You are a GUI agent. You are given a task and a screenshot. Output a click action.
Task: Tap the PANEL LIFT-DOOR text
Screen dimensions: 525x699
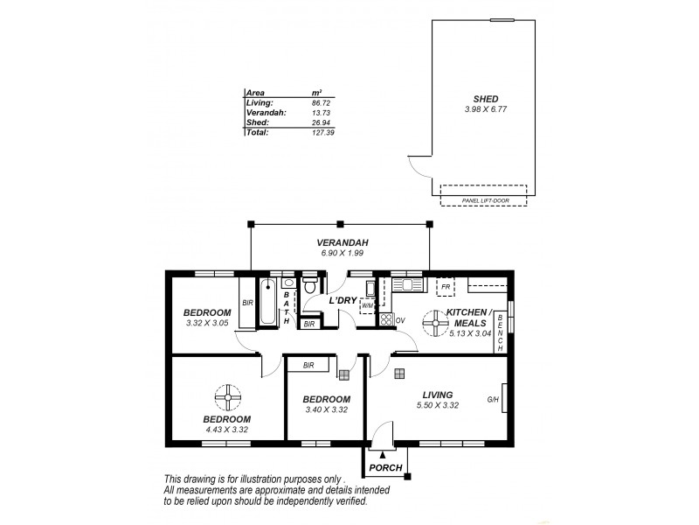pyautogui.click(x=483, y=200)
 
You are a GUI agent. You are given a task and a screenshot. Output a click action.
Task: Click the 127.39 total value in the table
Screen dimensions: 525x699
pyautogui.click(x=322, y=132)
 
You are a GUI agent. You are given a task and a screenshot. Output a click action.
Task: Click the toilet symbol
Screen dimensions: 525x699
pyautogui.click(x=310, y=288)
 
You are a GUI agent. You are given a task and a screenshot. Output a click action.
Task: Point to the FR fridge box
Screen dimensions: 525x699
pyautogui.click(x=446, y=287)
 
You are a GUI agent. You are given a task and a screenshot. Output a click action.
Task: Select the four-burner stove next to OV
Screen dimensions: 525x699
pyautogui.click(x=385, y=319)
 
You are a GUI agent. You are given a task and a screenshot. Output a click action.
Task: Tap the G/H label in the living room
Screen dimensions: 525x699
pyautogui.click(x=493, y=402)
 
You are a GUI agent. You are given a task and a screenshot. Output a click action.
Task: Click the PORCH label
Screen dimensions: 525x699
pyautogui.click(x=385, y=468)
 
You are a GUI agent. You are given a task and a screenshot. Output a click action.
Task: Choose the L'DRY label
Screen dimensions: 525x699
pyautogui.click(x=341, y=301)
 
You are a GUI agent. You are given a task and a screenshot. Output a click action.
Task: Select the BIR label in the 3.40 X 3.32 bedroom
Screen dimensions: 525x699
pyautogui.click(x=308, y=365)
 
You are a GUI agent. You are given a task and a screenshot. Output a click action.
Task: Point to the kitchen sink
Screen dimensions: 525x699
pyautogui.click(x=407, y=283)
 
